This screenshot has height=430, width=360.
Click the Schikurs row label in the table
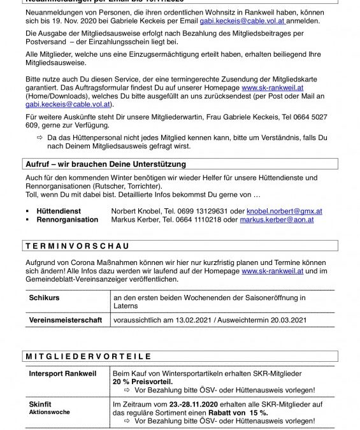[44, 297]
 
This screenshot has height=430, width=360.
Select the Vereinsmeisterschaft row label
[66, 320]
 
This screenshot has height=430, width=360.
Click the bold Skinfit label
[40, 404]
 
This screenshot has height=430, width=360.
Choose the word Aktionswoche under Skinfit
[48, 412]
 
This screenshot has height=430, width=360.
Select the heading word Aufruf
[41, 164]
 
